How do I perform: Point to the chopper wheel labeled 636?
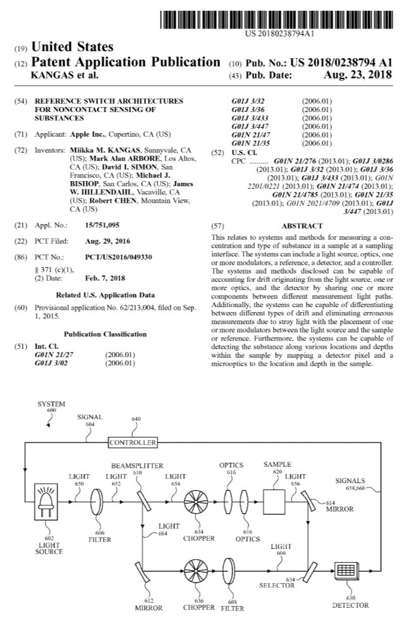click(x=195, y=569)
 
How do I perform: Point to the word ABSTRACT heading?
click(x=302, y=225)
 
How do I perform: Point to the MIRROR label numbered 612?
click(x=149, y=607)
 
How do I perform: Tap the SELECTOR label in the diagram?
click(x=276, y=586)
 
